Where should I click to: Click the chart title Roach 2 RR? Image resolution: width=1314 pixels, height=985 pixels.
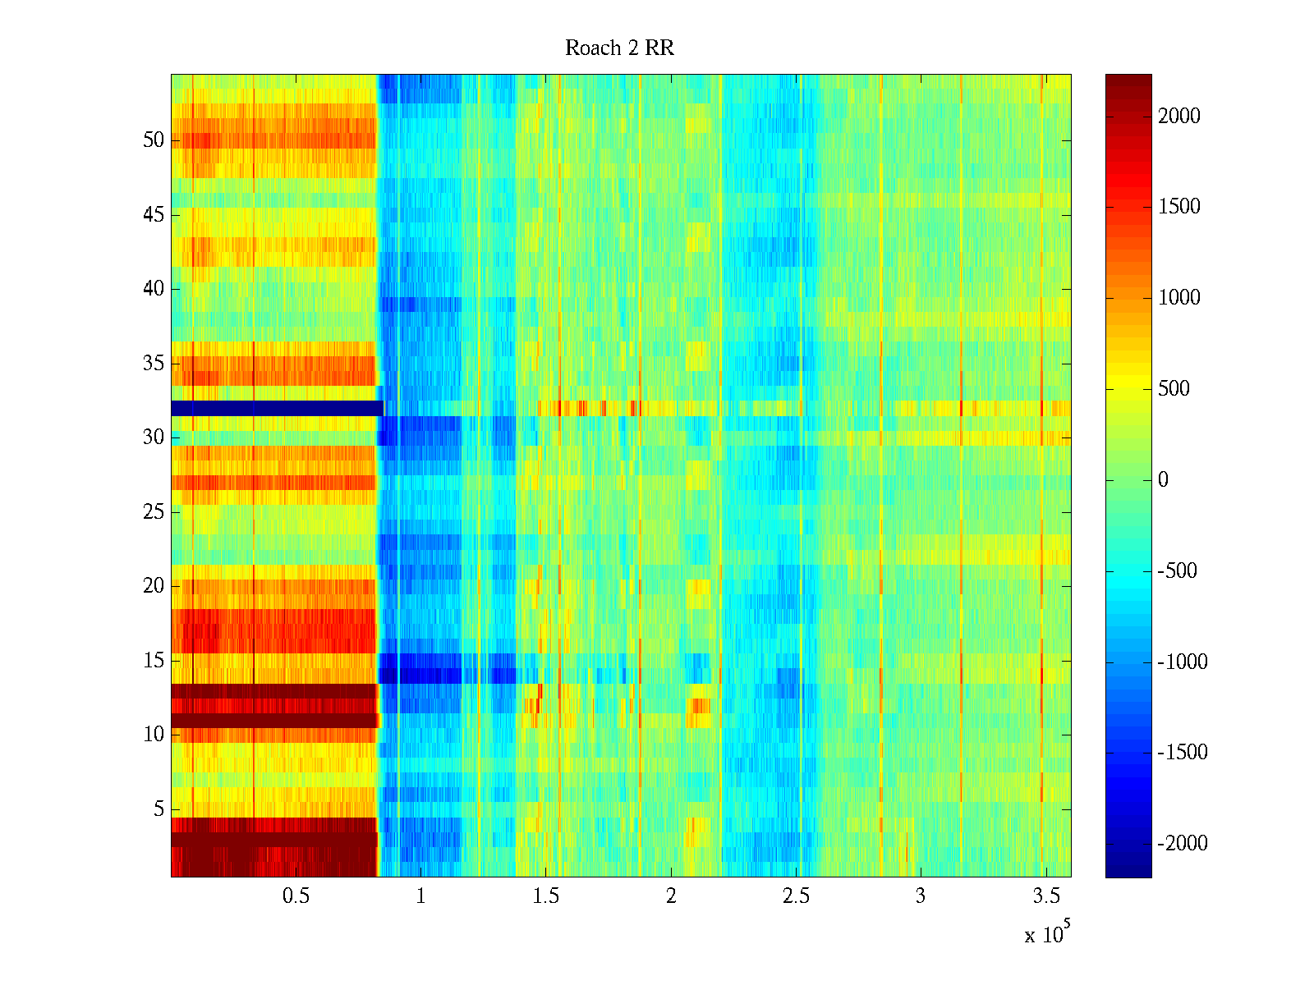pyautogui.click(x=619, y=48)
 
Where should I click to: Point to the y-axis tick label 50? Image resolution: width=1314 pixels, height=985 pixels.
pyautogui.click(x=154, y=140)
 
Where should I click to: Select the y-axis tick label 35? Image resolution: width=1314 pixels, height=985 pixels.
pyautogui.click(x=154, y=364)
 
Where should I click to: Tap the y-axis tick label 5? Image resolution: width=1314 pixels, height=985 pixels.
pyautogui.click(x=159, y=809)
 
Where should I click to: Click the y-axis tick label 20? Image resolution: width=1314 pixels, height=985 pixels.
pyautogui.click(x=154, y=586)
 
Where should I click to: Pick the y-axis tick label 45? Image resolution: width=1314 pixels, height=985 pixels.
pyautogui.click(x=154, y=215)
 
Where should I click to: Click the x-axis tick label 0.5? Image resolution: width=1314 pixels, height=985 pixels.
pyautogui.click(x=296, y=896)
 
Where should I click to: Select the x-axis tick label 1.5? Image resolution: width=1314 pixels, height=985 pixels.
pyautogui.click(x=545, y=896)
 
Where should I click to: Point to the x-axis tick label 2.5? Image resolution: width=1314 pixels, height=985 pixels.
pyautogui.click(x=796, y=896)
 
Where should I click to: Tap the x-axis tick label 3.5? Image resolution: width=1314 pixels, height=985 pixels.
pyautogui.click(x=1045, y=896)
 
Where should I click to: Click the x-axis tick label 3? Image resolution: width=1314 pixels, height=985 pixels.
pyautogui.click(x=921, y=896)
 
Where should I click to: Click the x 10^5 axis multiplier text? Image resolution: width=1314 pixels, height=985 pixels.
pyautogui.click(x=1046, y=933)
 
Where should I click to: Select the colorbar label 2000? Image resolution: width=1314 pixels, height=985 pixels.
pyautogui.click(x=1179, y=117)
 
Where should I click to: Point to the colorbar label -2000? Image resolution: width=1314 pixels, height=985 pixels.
pyautogui.click(x=1183, y=844)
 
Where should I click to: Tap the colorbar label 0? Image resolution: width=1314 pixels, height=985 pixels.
pyautogui.click(x=1163, y=480)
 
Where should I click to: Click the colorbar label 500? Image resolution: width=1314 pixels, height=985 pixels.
pyautogui.click(x=1174, y=389)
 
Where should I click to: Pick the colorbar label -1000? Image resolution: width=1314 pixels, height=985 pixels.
pyautogui.click(x=1183, y=662)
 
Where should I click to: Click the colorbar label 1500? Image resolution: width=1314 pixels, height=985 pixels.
pyautogui.click(x=1179, y=207)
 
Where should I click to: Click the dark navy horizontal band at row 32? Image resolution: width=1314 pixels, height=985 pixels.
pyautogui.click(x=275, y=408)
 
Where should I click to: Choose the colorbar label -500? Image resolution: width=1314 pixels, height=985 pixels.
pyautogui.click(x=1178, y=571)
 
